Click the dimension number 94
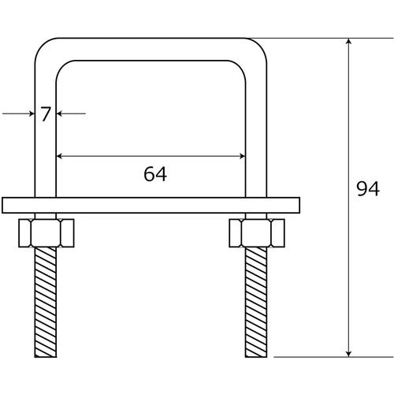(368, 189)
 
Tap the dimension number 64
(155, 174)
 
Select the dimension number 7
(45, 114)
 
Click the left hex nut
(45, 232)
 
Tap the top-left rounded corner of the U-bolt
(43, 47)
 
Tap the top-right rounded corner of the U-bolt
(257, 47)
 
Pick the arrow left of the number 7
(30, 114)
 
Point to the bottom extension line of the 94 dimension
(315, 356)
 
